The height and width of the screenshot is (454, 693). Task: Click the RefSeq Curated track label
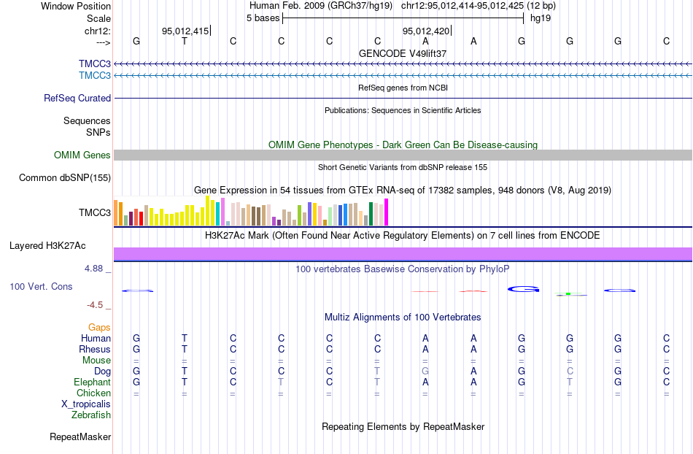pos(77,98)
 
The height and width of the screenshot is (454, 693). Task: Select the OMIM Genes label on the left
pos(82,155)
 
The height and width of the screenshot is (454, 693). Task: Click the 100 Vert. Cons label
pos(41,287)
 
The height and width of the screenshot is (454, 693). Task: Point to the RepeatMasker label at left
pos(80,437)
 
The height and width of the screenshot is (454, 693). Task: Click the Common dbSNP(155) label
pos(65,177)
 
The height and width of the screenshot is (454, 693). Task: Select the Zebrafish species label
pos(91,415)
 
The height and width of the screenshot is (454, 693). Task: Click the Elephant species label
pos(92,382)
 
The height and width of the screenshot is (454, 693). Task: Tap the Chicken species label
pos(93,393)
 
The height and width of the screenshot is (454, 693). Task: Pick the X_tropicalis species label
pos(86,404)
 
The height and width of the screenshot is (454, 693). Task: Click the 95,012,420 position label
pos(426,31)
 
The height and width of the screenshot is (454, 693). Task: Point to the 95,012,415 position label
pos(185,31)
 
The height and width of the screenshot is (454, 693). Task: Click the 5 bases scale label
pos(263,18)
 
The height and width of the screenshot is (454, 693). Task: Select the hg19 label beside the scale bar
pos(541,18)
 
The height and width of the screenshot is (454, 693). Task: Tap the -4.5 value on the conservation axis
pos(96,304)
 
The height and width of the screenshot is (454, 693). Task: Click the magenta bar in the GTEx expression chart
pos(387,212)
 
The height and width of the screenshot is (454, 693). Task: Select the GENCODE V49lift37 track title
pos(402,54)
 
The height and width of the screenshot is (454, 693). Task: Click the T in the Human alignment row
pos(185,338)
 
